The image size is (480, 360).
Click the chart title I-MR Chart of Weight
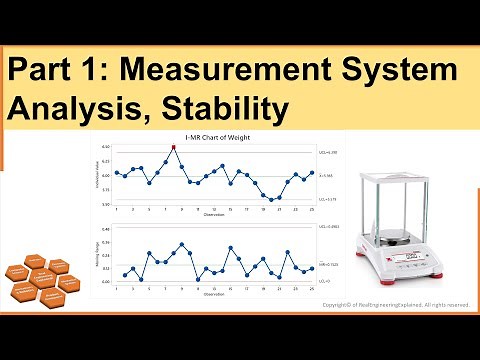click(215, 136)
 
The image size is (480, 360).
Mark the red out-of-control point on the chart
click(174, 147)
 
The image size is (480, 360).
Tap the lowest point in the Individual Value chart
click(272, 200)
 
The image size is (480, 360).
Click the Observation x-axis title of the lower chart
click(215, 294)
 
